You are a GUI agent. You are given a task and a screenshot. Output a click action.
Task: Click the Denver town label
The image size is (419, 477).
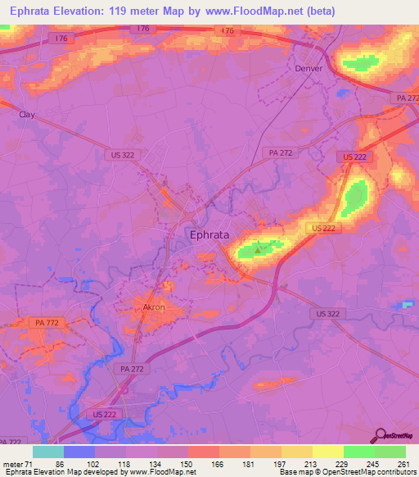[309, 69]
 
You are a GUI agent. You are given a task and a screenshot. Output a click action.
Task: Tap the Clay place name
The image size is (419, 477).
[27, 116]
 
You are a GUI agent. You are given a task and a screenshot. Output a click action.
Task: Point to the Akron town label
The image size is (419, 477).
[154, 308]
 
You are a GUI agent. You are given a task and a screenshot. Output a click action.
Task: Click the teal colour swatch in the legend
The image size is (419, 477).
[48, 452]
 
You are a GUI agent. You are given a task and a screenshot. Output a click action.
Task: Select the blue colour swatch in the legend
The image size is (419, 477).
[79, 452]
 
